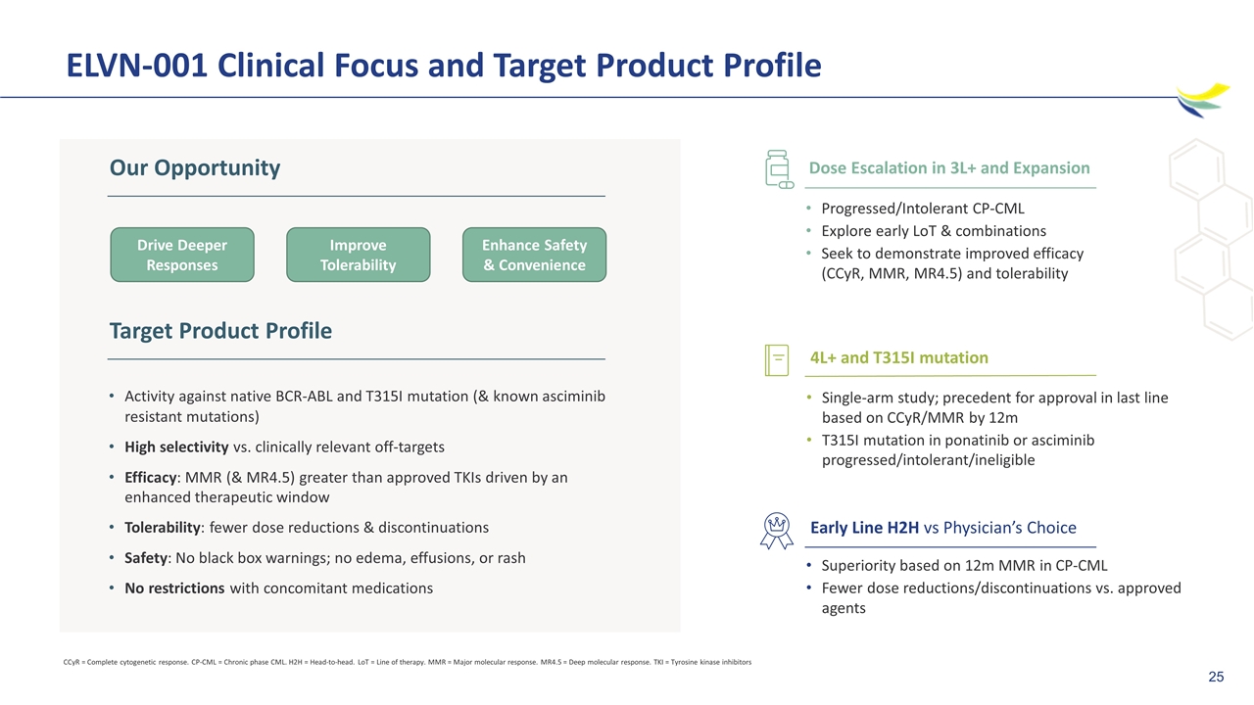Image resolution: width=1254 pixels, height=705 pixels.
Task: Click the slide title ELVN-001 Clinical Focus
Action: tap(444, 66)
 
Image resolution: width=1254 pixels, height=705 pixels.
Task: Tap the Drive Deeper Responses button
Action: tap(182, 255)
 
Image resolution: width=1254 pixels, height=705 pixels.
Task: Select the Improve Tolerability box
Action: tap(359, 255)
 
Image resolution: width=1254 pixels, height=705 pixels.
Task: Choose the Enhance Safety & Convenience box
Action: tap(534, 255)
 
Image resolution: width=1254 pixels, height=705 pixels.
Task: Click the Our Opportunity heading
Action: tap(195, 167)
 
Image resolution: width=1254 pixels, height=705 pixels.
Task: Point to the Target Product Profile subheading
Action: tap(220, 331)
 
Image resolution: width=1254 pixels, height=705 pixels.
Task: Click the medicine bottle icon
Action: tap(779, 169)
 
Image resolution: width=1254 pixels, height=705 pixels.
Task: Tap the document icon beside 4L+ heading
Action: tap(777, 359)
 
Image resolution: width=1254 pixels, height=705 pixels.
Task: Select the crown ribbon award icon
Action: tap(777, 531)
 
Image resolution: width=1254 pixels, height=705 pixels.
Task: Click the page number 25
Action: tap(1216, 677)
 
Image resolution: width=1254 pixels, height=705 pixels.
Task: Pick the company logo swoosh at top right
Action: tap(1202, 100)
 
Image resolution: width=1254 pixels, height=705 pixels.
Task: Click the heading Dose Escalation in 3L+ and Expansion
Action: tap(949, 167)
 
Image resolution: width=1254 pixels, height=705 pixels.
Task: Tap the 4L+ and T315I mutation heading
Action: tap(899, 357)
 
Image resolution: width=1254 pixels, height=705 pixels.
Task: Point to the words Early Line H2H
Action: tap(865, 528)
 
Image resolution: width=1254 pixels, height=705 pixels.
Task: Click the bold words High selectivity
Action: tap(176, 447)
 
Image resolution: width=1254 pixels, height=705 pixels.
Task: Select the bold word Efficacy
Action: tap(151, 478)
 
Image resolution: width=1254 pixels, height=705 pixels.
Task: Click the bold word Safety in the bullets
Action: tap(146, 558)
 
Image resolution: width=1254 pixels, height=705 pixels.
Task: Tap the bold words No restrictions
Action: tap(174, 588)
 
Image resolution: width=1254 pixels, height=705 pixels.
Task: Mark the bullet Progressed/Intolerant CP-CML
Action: tap(923, 209)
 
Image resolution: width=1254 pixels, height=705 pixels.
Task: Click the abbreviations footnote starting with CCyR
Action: tap(407, 662)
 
